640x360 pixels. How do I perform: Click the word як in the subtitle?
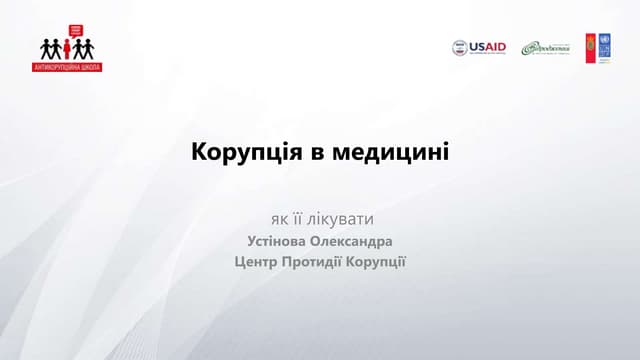pyautogui.click(x=279, y=218)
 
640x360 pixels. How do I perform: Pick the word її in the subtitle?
pyautogui.click(x=302, y=218)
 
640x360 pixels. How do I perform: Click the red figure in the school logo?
pyautogui.click(x=67, y=48)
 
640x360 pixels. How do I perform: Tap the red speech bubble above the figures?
pyautogui.click(x=67, y=31)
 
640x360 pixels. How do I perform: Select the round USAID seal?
pyautogui.click(x=460, y=47)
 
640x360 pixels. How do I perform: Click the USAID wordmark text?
pyautogui.click(x=488, y=47)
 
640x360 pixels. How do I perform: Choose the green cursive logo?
pyautogui.click(x=544, y=48)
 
